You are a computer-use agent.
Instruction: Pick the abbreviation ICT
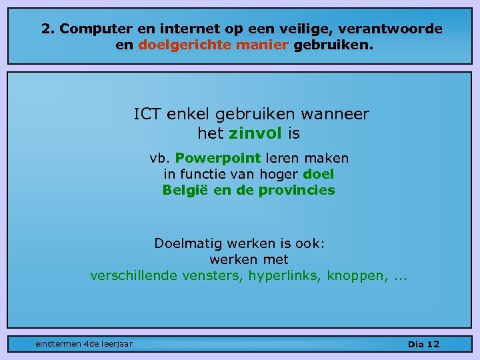coord(147,115)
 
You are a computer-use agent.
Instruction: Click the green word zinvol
coord(255,133)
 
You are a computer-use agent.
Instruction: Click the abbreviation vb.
coord(160,159)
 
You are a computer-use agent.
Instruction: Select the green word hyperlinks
coord(285,275)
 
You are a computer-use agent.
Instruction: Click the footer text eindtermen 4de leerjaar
coord(84,344)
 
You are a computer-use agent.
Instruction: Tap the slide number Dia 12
coord(423,344)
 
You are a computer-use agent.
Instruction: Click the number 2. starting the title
coord(47,29)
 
